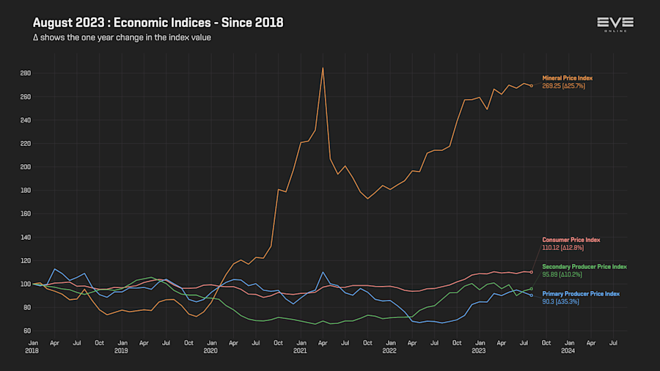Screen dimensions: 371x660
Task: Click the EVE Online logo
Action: click(x=615, y=24)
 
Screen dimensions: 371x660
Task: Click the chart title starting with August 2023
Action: click(x=158, y=23)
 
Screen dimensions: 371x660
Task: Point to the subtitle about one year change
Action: click(x=122, y=37)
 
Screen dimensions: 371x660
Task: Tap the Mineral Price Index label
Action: click(x=567, y=78)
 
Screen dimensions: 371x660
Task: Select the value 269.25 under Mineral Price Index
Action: click(x=551, y=86)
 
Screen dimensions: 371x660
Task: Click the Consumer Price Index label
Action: click(x=571, y=240)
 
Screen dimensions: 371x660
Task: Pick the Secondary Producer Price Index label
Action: click(x=584, y=266)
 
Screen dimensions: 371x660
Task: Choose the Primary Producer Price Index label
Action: click(x=581, y=293)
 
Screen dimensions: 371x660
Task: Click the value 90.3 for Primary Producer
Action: click(x=550, y=301)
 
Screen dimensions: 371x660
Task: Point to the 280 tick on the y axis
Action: click(x=25, y=73)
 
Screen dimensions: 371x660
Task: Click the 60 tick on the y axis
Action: click(x=26, y=331)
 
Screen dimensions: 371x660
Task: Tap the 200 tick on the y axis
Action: click(x=25, y=166)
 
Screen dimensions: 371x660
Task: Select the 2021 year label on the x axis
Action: click(x=300, y=350)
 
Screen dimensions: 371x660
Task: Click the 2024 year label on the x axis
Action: click(x=568, y=350)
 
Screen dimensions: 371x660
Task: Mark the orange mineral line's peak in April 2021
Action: click(x=323, y=68)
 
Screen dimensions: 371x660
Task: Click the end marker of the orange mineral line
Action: click(x=532, y=86)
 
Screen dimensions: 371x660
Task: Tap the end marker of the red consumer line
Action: click(x=532, y=272)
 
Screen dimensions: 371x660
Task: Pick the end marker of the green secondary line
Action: click(x=532, y=289)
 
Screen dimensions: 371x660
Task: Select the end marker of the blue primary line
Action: click(x=532, y=295)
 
